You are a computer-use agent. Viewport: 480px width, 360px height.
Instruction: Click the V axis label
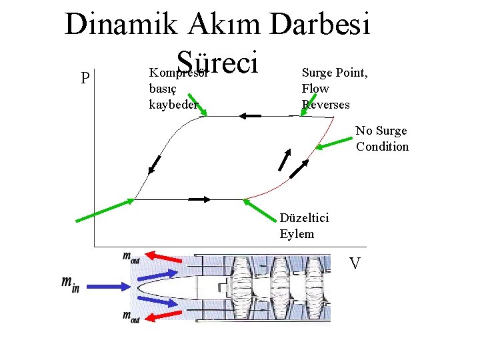pyautogui.click(x=355, y=264)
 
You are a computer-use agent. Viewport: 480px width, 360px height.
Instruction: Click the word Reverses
pyautogui.click(x=325, y=104)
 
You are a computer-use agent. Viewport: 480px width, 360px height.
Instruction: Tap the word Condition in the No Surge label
pyautogui.click(x=382, y=147)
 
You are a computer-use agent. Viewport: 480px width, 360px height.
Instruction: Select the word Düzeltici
pyautogui.click(x=304, y=218)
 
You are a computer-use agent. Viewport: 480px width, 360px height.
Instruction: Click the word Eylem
pyautogui.click(x=297, y=234)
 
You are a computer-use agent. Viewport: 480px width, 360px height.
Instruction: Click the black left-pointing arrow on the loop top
pyautogui.click(x=251, y=116)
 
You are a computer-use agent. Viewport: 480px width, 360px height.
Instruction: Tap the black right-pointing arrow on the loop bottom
pyautogui.click(x=199, y=199)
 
